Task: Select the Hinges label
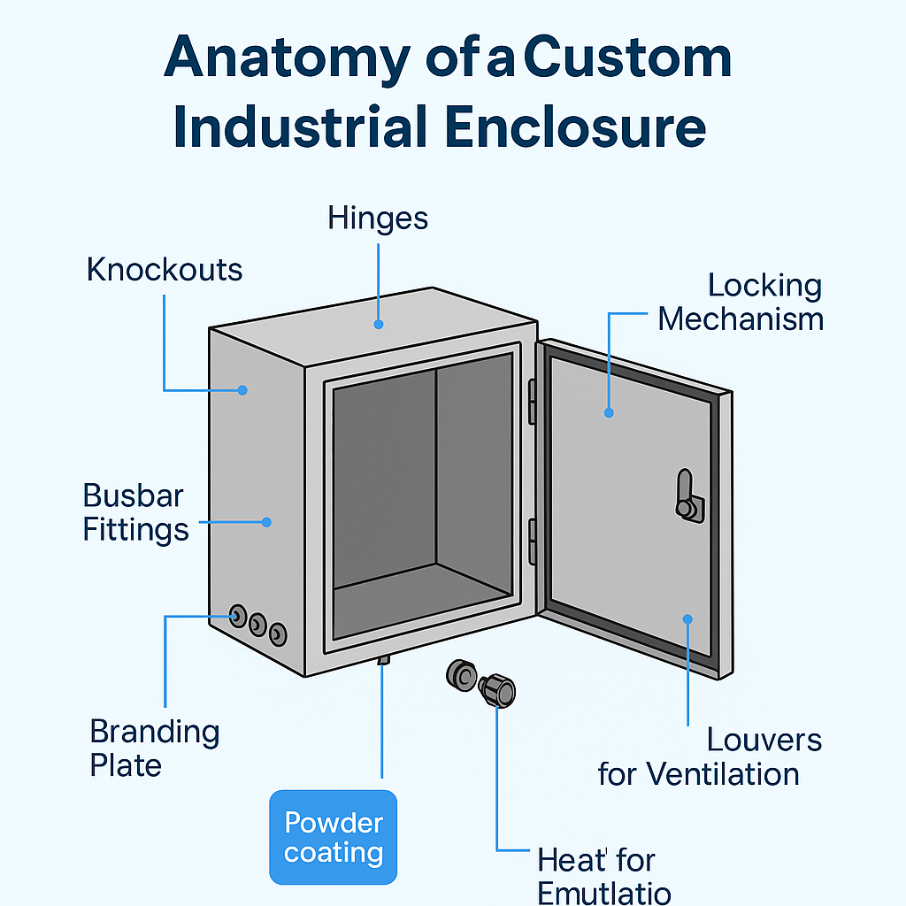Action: tap(378, 219)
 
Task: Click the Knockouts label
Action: tap(165, 270)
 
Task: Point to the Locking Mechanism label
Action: tap(741, 302)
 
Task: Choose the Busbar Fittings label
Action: tap(135, 512)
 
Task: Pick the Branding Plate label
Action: tap(155, 748)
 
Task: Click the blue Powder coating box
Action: tap(334, 837)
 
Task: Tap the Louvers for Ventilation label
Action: tap(699, 757)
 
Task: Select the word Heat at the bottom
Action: tap(572, 860)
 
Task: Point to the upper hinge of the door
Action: tap(532, 401)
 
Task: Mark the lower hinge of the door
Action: tap(532, 541)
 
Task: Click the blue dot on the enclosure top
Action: tap(378, 324)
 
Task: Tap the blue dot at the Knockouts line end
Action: tap(242, 389)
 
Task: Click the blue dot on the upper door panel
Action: tap(609, 411)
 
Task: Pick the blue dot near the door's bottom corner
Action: tap(687, 619)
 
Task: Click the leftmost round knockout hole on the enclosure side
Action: tap(238, 616)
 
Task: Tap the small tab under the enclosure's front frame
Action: tap(383, 660)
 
